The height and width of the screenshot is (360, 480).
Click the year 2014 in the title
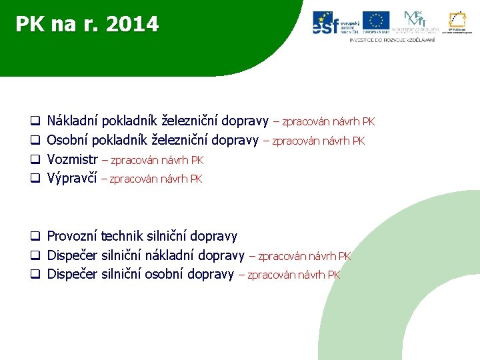click(132, 25)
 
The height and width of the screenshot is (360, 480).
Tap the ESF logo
click(336, 23)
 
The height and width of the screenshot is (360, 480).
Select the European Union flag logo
click(376, 22)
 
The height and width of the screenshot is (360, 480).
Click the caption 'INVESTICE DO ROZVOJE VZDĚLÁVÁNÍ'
click(392, 40)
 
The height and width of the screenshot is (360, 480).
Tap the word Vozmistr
click(73, 160)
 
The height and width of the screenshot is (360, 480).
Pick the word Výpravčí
click(72, 179)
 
